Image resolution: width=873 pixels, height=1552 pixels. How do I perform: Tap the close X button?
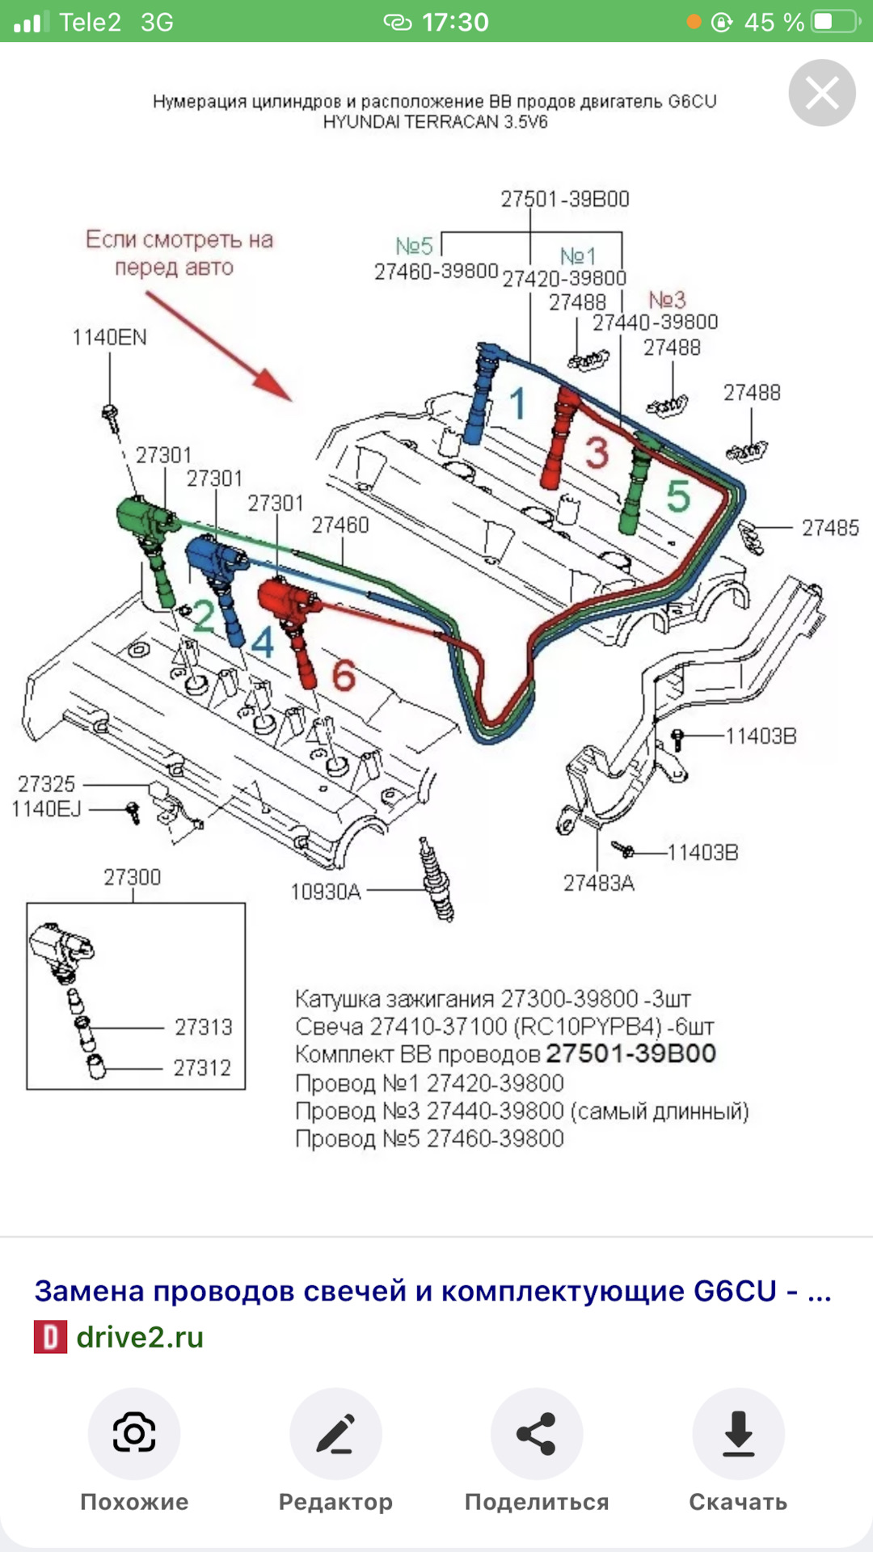(x=822, y=93)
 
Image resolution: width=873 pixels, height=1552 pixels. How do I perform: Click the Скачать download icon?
(x=738, y=1433)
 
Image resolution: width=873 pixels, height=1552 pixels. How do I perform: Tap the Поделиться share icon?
(x=537, y=1433)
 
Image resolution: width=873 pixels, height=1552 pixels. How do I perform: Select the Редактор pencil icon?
(x=335, y=1433)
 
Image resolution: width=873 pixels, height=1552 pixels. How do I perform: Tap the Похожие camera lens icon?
(x=134, y=1433)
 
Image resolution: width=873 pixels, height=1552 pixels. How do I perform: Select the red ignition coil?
(x=286, y=599)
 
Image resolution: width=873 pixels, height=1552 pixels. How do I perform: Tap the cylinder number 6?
(x=344, y=674)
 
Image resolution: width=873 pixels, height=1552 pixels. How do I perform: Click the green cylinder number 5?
(x=677, y=496)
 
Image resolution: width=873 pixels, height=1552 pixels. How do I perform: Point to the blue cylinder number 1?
(x=518, y=403)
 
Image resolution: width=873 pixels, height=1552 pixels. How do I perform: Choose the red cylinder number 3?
(x=597, y=453)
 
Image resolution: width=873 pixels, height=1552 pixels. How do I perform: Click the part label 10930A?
(x=325, y=892)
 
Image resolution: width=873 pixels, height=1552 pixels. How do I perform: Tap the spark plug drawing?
(x=436, y=879)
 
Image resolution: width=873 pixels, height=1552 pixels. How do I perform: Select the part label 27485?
(x=830, y=528)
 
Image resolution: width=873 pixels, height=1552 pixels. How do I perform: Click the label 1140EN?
(x=109, y=337)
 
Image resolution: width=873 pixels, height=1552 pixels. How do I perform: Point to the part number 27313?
(x=203, y=1027)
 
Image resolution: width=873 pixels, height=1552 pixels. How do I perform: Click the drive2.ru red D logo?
(x=50, y=1337)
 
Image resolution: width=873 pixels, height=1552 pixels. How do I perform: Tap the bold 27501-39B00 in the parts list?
(x=630, y=1053)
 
